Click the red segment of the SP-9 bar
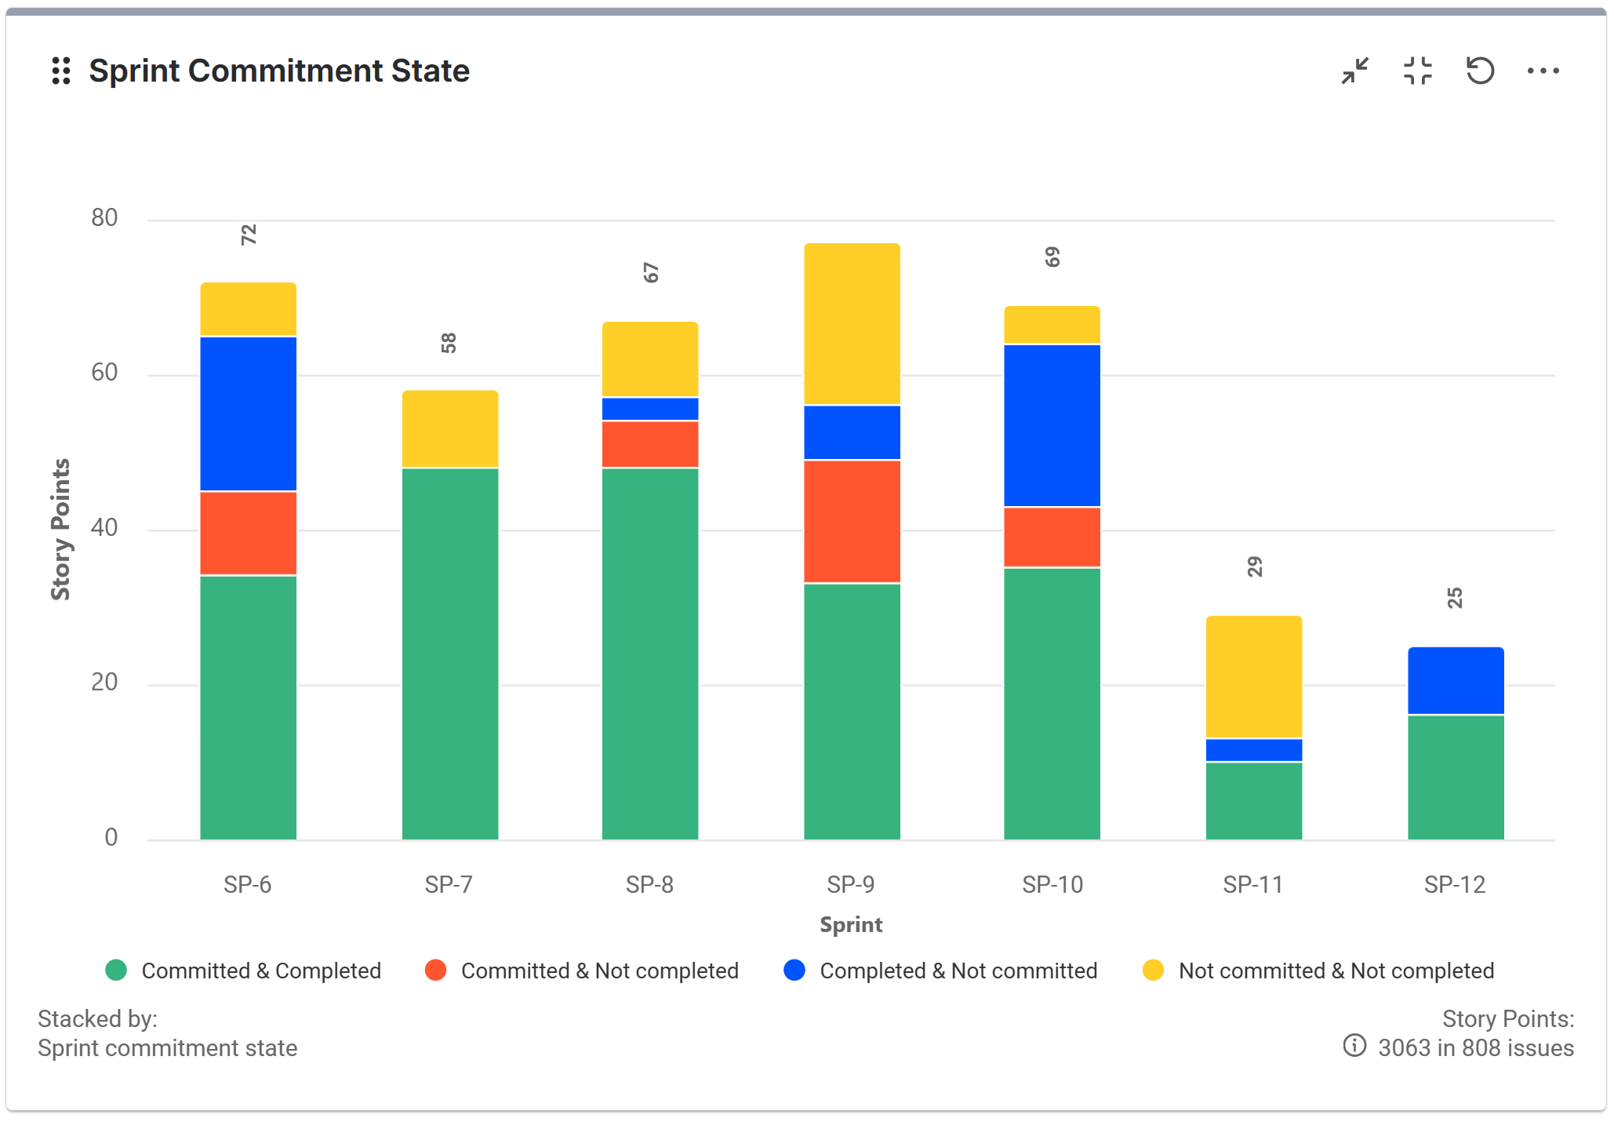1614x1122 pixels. coord(852,521)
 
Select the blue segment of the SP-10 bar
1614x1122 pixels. coord(1052,425)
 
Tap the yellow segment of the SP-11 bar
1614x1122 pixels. coord(1253,676)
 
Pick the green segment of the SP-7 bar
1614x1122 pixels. coord(450,653)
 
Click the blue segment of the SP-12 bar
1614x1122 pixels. coord(1455,680)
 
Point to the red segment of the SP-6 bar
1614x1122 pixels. coord(248,533)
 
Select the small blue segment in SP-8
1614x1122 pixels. coord(650,409)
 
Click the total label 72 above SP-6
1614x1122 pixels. coord(249,235)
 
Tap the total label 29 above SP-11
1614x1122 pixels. coord(1255,566)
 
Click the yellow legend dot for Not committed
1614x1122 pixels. coord(1153,971)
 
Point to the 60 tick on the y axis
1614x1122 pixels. coord(104,372)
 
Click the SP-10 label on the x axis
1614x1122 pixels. coord(1052,884)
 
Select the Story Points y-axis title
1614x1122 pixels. coord(60,530)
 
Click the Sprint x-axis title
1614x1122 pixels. coord(851,924)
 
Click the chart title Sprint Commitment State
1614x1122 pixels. coord(278,71)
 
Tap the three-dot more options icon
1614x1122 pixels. coord(1543,71)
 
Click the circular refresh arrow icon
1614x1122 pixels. coord(1480,71)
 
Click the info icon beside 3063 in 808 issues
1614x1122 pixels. coord(1354,1045)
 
